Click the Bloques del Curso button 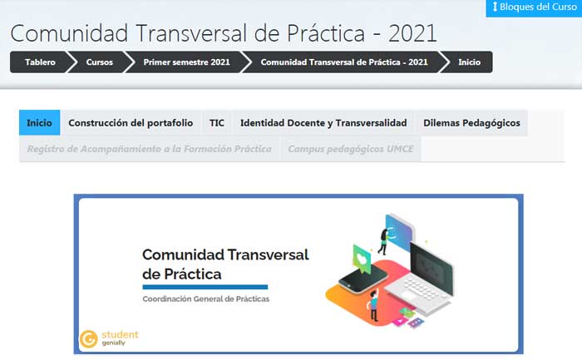pyautogui.click(x=533, y=7)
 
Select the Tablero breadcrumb pyautogui.click(x=41, y=62)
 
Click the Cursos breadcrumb pyautogui.click(x=100, y=62)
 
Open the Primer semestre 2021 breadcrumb pyautogui.click(x=186, y=62)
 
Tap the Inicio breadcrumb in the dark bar pyautogui.click(x=469, y=62)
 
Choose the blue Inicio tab pyautogui.click(x=39, y=123)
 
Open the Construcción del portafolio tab pyautogui.click(x=131, y=123)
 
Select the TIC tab pyautogui.click(x=217, y=123)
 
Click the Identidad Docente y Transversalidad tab pyautogui.click(x=323, y=123)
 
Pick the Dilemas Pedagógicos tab pyautogui.click(x=471, y=123)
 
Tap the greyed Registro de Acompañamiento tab pyautogui.click(x=149, y=150)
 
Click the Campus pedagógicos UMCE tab pyautogui.click(x=350, y=150)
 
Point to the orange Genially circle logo pyautogui.click(x=88, y=339)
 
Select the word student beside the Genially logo pyautogui.click(x=121, y=335)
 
